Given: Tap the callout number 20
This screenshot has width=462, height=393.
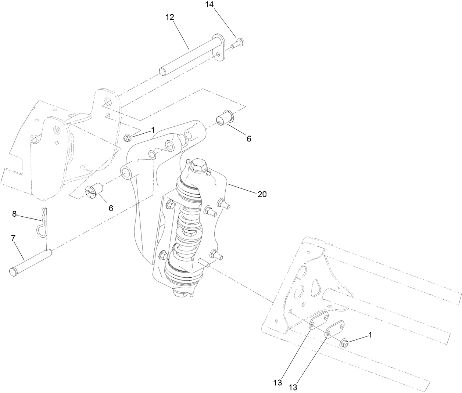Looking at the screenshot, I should [x=262, y=194].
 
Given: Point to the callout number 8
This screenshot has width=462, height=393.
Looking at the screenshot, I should [x=14, y=214].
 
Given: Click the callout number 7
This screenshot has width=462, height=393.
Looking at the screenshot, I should [x=13, y=238].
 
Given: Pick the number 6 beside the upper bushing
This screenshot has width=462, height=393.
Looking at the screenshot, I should [x=249, y=139].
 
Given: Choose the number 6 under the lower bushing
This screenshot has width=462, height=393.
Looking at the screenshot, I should [x=111, y=208].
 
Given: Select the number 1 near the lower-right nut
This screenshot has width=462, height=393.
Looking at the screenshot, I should [x=370, y=335].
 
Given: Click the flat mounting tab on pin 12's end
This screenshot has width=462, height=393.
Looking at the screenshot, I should [x=220, y=49].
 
